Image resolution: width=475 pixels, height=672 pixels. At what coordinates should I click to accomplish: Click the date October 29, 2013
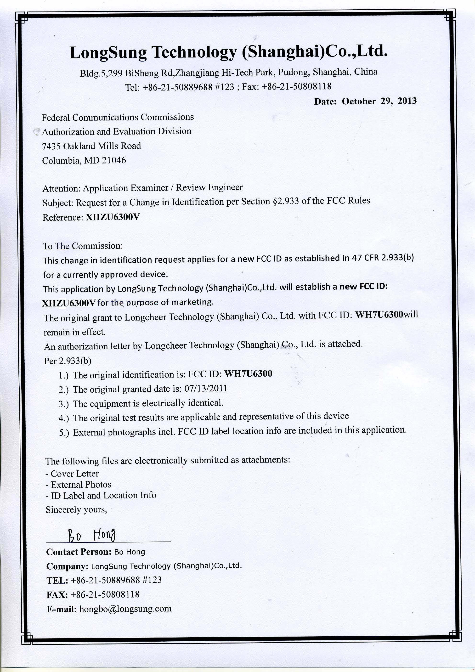379,101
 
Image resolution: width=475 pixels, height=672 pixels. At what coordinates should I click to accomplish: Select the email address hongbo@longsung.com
125,609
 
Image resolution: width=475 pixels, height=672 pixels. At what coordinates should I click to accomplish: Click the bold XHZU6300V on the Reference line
113,217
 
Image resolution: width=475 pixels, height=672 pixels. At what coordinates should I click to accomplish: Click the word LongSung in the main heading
108,53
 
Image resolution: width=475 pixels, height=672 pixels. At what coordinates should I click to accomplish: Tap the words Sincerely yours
76,509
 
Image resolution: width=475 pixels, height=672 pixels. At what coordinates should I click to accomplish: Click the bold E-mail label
62,609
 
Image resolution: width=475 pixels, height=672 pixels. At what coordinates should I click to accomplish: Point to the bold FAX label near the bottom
57,595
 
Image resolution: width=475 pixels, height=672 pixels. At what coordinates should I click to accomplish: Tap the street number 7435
51,146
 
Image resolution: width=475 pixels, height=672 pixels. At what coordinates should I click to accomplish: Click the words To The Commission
83,246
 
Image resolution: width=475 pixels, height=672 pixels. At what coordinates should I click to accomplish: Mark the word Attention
61,188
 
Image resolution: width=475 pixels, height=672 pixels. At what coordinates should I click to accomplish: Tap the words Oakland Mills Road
102,146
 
